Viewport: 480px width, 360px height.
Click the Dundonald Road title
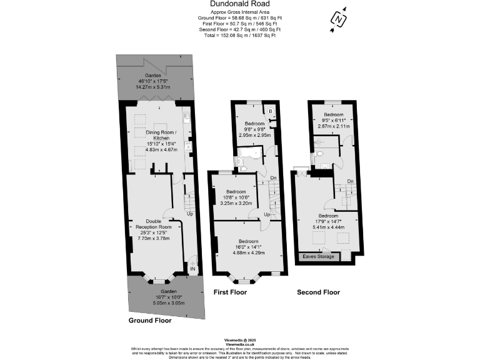tap(239, 4)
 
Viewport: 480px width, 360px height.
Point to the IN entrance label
tap(192, 269)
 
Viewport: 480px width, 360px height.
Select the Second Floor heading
tap(318, 292)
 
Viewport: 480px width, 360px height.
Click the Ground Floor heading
tap(150, 320)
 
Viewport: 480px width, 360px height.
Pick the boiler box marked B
tap(270, 111)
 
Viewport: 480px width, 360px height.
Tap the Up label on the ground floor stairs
tap(189, 214)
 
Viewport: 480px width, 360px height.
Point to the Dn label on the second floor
tap(351, 181)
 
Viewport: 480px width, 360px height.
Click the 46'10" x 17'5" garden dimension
tap(153, 82)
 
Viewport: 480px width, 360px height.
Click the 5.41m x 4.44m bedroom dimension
tap(328, 227)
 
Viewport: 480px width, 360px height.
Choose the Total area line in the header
tap(240, 36)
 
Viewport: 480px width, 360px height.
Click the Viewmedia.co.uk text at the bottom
tap(240, 344)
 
